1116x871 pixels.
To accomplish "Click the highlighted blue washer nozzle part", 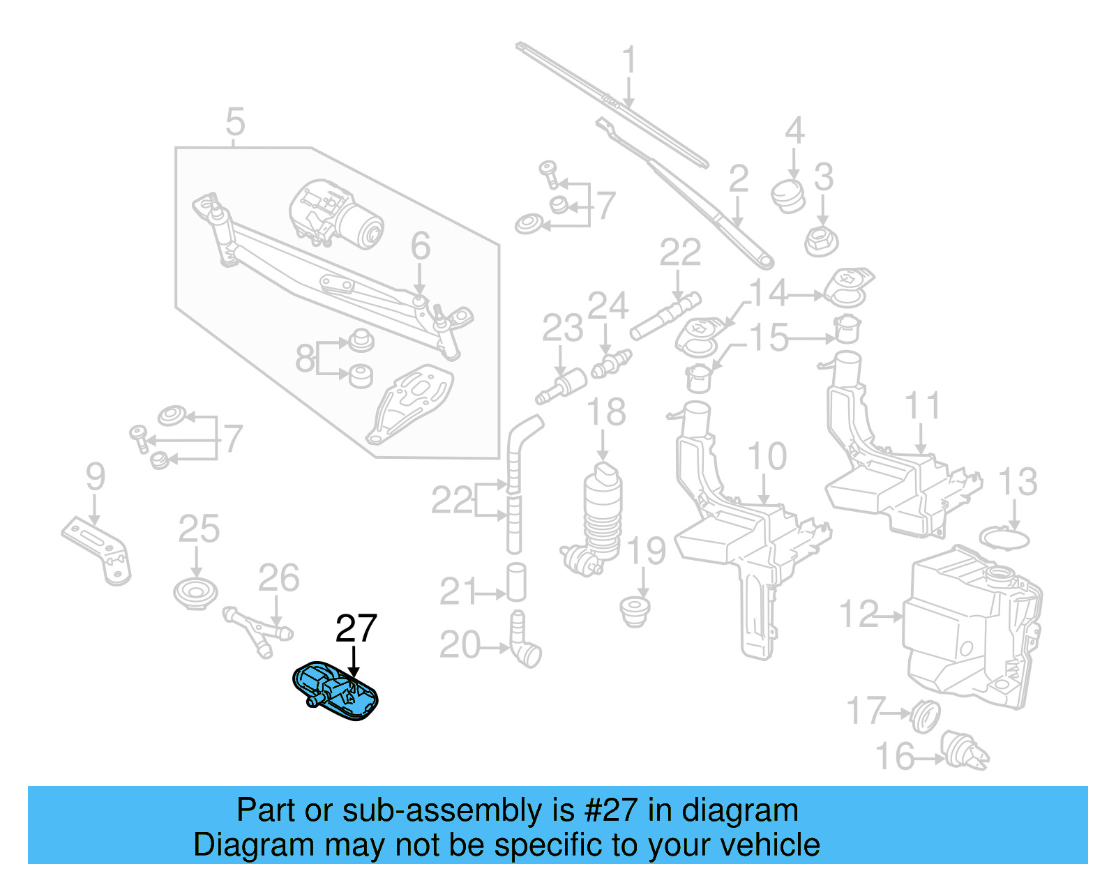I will click(335, 690).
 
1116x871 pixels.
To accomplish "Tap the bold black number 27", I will click(356, 628).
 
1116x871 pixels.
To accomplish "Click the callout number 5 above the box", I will click(236, 122).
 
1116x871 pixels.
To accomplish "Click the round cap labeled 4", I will click(788, 195).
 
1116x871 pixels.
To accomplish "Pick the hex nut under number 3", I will click(821, 241).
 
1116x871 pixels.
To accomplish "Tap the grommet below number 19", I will click(635, 610).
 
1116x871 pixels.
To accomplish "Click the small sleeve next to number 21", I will click(516, 582).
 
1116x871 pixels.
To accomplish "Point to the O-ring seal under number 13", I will click(1004, 539).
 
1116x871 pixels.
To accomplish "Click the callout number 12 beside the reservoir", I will click(859, 615).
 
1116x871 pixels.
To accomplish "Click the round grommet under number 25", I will click(195, 593).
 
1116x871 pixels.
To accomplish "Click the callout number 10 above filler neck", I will click(767, 457).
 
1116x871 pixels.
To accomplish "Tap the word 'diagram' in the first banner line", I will click(739, 810).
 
